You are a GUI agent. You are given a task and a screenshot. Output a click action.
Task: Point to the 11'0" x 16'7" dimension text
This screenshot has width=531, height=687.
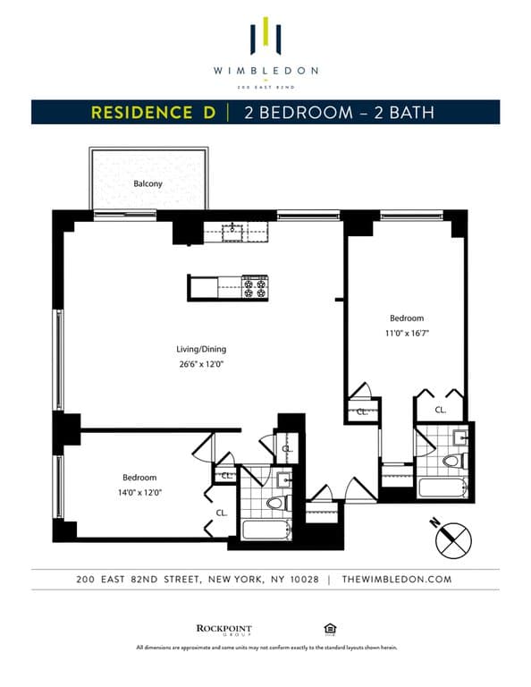(x=407, y=333)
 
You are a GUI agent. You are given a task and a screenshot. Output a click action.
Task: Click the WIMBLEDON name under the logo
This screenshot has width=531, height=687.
(x=265, y=70)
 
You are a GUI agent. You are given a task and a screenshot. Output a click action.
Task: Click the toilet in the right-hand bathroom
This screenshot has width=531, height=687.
(x=451, y=461)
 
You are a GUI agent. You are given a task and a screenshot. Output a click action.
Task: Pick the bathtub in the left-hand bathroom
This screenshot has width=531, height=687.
(x=265, y=530)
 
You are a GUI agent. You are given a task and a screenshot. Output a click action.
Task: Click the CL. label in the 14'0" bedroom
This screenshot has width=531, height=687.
(x=221, y=513)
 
